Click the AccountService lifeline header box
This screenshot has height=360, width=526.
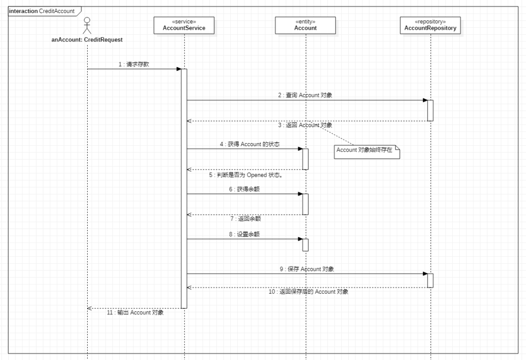tap(184, 25)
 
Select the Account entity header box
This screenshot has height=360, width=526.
tap(305, 25)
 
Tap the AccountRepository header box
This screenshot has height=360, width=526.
tap(430, 25)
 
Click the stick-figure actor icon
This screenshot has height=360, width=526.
tap(87, 25)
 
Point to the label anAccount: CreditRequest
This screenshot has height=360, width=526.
tap(87, 40)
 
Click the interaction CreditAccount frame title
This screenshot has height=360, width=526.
tap(41, 11)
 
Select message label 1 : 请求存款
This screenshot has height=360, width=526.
tap(134, 64)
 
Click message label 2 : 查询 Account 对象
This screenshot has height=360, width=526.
tap(305, 95)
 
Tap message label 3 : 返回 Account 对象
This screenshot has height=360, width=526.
tap(305, 125)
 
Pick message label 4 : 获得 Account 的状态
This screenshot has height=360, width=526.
tap(249, 144)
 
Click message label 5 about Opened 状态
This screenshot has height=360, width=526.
tap(246, 174)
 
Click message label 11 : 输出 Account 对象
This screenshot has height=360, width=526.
tap(135, 313)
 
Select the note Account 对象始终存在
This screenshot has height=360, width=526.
tap(365, 151)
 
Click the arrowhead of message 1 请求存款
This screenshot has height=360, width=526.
tap(179, 69)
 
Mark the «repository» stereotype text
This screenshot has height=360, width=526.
tap(430, 22)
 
